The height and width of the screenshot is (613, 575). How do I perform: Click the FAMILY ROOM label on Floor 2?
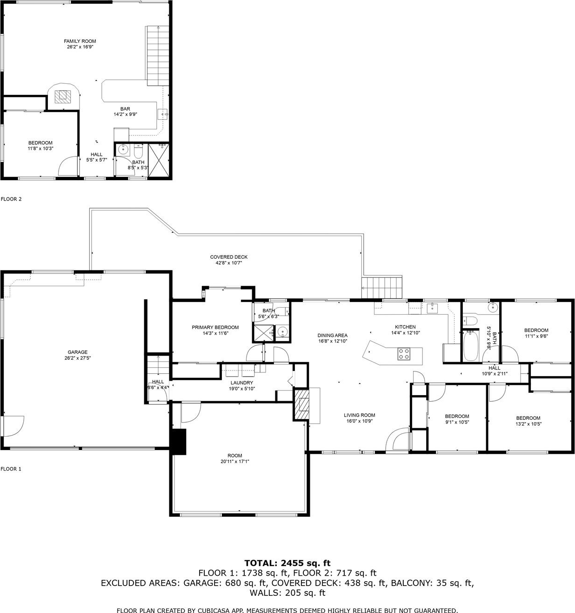point(80,41)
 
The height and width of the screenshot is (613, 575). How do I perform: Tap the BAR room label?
point(125,108)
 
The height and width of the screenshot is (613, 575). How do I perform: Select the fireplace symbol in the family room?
point(63,97)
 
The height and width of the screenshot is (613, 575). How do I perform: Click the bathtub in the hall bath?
point(471,345)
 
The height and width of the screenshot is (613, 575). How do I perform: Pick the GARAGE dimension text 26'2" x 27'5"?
point(78,358)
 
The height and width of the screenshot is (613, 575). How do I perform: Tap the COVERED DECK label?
point(229,257)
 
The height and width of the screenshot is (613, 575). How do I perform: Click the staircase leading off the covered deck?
point(382,287)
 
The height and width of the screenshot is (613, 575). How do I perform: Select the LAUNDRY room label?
point(241,383)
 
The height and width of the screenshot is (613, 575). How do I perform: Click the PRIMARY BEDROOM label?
point(215,327)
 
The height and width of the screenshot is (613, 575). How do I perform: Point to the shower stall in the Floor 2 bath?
point(159,160)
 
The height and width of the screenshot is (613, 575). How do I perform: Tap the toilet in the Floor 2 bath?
point(138,151)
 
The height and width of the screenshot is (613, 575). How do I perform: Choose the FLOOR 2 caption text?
point(11,199)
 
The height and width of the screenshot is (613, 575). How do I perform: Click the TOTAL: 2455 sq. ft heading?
point(287,563)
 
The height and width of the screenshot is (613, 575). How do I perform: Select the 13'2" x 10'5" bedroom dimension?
point(528,424)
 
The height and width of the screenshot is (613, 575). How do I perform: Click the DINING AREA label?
point(333,335)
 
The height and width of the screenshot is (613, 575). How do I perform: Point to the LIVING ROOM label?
point(360,415)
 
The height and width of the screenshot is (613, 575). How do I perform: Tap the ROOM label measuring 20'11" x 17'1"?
point(235,456)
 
